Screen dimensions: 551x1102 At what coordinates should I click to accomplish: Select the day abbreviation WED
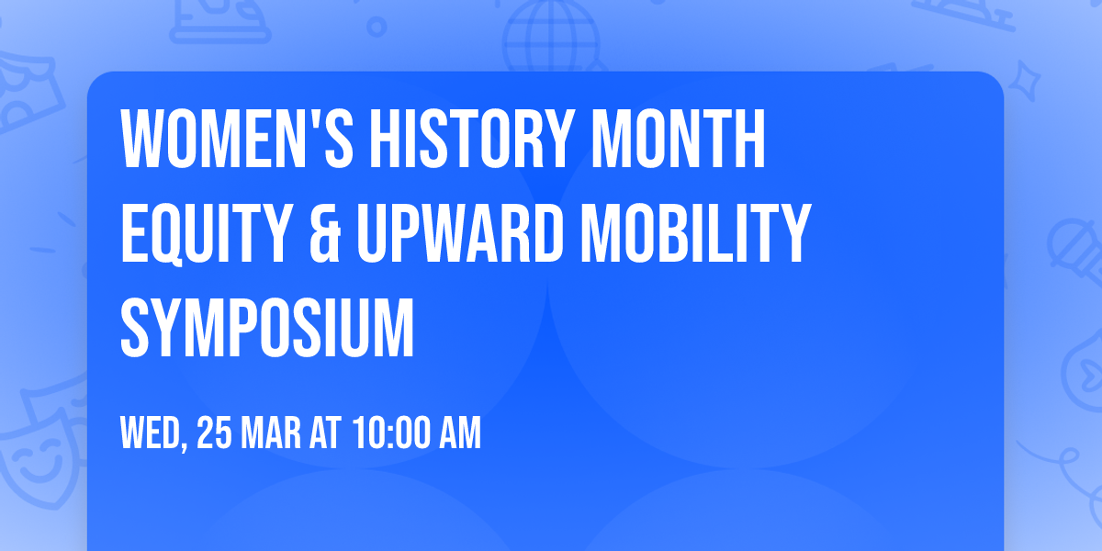click(x=151, y=433)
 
